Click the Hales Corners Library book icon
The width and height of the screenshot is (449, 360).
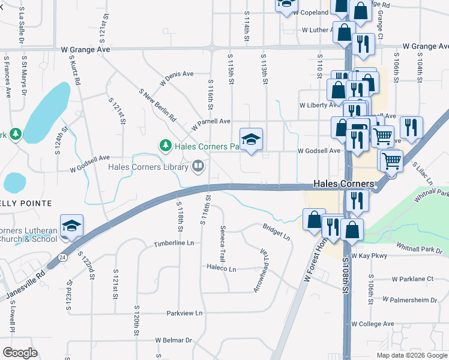[x=197, y=165]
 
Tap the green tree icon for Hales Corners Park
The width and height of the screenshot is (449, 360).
[x=164, y=145]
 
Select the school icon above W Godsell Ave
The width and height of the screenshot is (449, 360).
[x=252, y=140]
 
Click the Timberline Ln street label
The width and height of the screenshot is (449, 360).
[x=174, y=244]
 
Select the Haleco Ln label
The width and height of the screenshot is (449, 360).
[x=222, y=268]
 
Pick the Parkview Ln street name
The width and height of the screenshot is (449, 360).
[x=184, y=313]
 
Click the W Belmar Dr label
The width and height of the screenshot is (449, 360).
[x=173, y=340]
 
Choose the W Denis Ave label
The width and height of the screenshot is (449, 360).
[x=176, y=79]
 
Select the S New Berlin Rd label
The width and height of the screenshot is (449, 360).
[x=157, y=104]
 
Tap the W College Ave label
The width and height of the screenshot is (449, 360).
[x=373, y=324]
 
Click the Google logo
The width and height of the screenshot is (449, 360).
[x=20, y=352]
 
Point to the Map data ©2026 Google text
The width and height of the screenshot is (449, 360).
[x=411, y=355]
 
